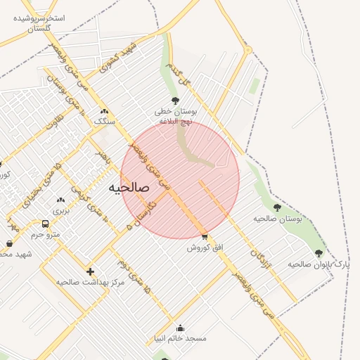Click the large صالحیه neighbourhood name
[x=129, y=188]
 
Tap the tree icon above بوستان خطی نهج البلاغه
[x=174, y=101]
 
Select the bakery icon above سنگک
[x=105, y=111]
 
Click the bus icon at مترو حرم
[x=46, y=224]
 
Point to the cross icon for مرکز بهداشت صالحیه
[x=90, y=271]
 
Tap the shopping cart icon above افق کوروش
[x=204, y=237]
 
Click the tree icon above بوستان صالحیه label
[x=277, y=207]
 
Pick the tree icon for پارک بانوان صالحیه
[x=319, y=253]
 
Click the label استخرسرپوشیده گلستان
[x=39, y=22]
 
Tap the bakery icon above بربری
[x=60, y=200]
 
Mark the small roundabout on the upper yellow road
[x=247, y=49]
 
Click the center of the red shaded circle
[x=180, y=180]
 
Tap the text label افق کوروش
[x=205, y=247]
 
